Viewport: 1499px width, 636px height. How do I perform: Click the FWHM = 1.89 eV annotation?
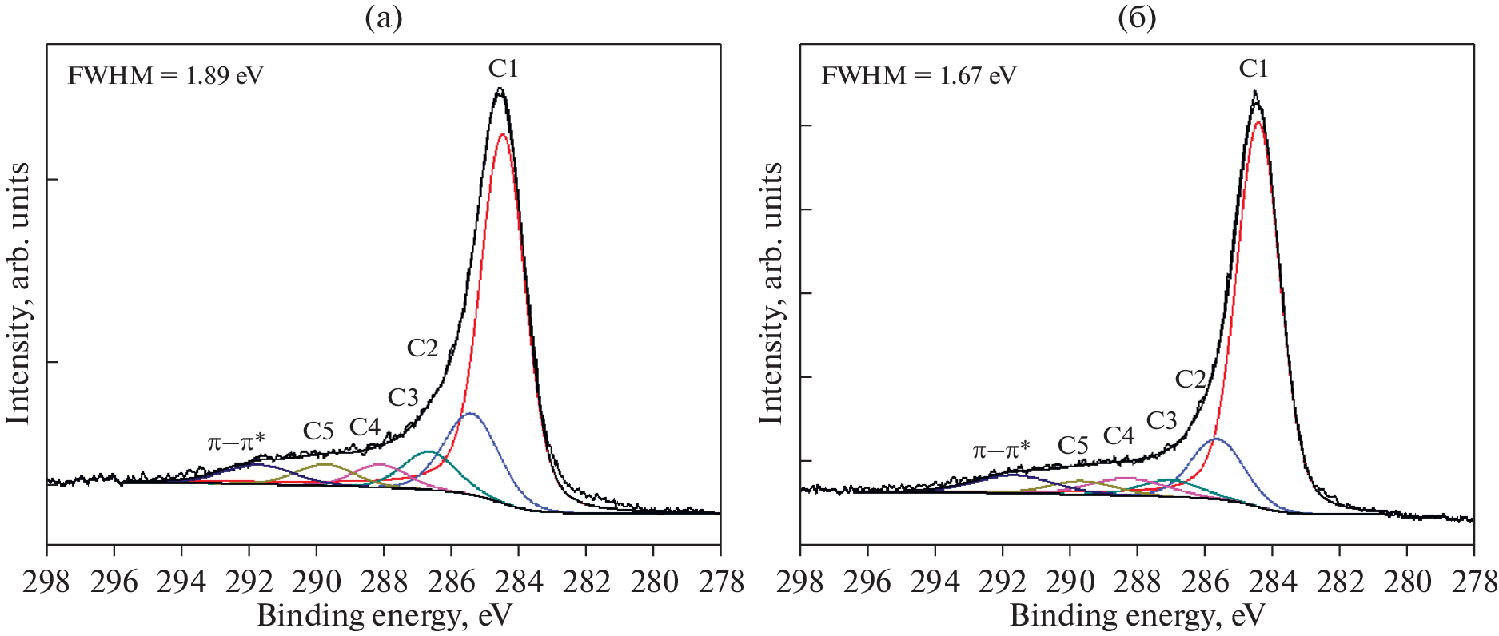click(x=165, y=76)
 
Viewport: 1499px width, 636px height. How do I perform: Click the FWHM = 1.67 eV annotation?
click(x=919, y=76)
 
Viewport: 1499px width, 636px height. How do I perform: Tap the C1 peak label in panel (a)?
click(x=504, y=70)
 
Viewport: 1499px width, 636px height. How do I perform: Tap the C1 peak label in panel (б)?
click(x=1254, y=70)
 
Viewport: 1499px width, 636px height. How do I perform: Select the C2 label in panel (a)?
click(x=422, y=348)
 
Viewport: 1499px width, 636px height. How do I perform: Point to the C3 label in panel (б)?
click(x=1162, y=420)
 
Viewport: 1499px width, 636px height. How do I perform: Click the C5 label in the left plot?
click(x=318, y=431)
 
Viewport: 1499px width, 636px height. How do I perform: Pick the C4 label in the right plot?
click(x=1118, y=435)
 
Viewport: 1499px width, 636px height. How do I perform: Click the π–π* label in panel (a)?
click(x=236, y=442)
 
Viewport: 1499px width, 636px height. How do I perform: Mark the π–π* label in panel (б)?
click(x=1001, y=450)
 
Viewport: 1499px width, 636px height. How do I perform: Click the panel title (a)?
click(x=384, y=18)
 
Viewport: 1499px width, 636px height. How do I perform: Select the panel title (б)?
click(x=1137, y=18)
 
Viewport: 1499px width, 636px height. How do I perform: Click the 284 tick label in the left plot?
click(x=519, y=582)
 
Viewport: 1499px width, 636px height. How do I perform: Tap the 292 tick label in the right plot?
click(x=1003, y=582)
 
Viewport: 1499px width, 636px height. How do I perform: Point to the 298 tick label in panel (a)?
click(x=47, y=582)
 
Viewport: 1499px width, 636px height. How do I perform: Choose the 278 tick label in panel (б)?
click(x=1473, y=582)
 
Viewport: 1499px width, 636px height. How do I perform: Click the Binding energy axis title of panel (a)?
click(x=384, y=616)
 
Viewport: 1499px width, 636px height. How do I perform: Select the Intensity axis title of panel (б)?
click(x=771, y=293)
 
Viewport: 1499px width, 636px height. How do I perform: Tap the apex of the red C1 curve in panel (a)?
click(x=502, y=134)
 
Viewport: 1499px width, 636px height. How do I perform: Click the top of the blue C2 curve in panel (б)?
click(x=1215, y=439)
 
